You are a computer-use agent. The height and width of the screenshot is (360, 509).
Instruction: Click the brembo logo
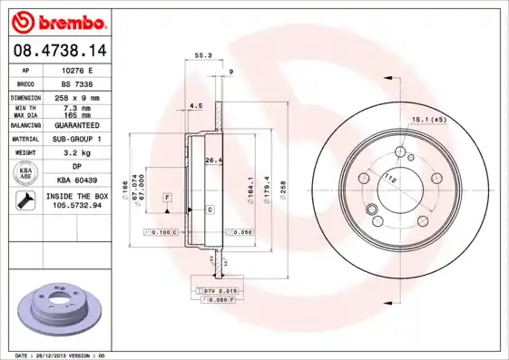click(59, 21)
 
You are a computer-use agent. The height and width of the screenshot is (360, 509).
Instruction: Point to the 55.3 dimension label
click(203, 56)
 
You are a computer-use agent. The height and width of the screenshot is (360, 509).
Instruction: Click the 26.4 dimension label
click(211, 162)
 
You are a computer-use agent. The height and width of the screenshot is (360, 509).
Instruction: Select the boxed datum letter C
click(209, 210)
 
